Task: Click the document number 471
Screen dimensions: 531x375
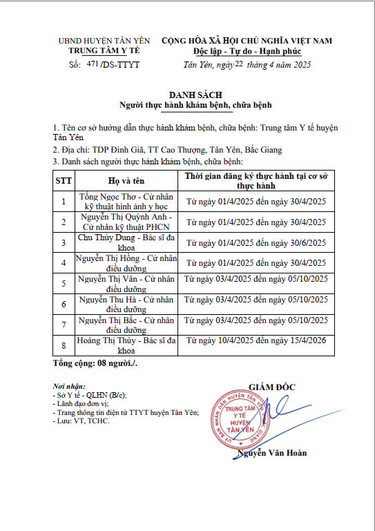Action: pyautogui.click(x=93, y=64)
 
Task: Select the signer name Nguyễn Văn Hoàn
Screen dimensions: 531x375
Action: pyautogui.click(x=272, y=453)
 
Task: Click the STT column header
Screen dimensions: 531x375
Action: pyautogui.click(x=64, y=181)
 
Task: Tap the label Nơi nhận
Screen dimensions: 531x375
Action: pyautogui.click(x=69, y=386)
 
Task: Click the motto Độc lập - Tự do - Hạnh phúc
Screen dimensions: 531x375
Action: pyautogui.click(x=247, y=52)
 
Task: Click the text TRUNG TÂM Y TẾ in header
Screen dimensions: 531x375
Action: pyautogui.click(x=104, y=51)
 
